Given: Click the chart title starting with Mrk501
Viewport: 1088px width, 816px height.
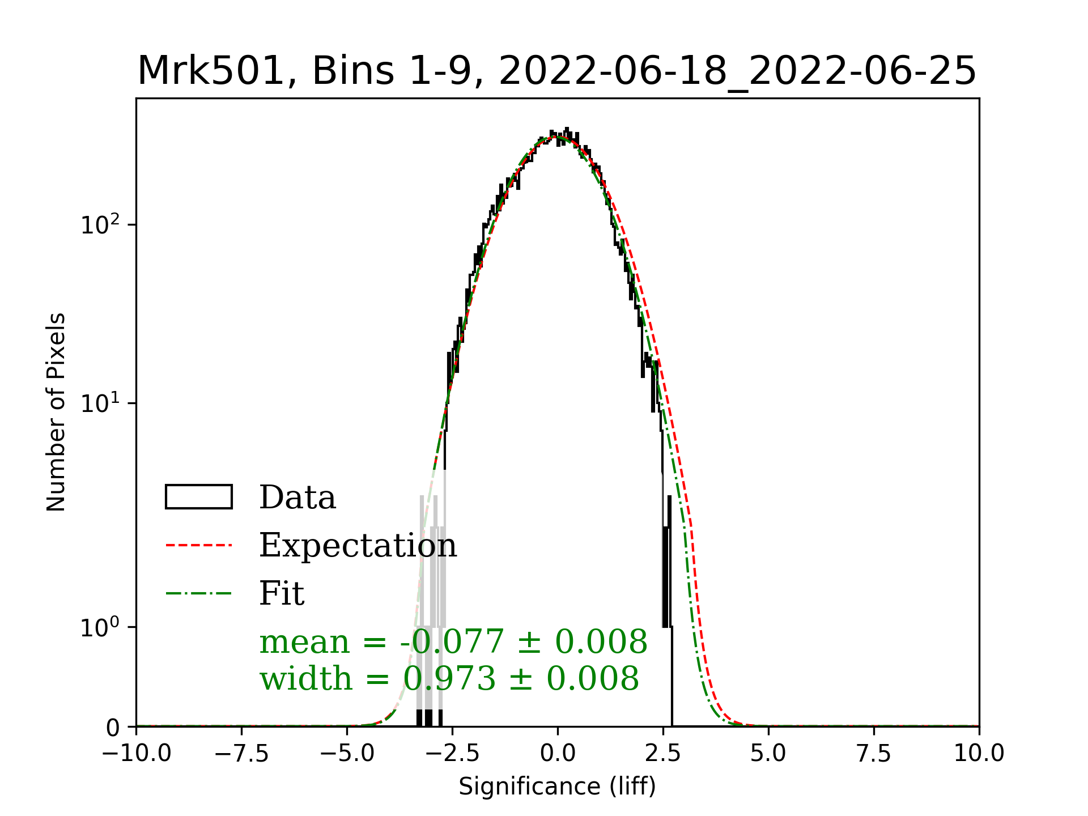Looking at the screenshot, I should click(x=556, y=71).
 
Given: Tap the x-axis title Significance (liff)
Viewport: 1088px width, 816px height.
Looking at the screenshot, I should click(x=557, y=787).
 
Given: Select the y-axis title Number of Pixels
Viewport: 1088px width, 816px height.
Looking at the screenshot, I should click(x=56, y=412).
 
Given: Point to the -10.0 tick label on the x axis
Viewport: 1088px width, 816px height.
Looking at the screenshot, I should click(x=137, y=754).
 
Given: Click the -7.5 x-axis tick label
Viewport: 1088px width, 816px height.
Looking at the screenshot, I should click(x=242, y=754).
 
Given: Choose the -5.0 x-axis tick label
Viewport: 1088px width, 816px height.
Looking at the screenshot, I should click(x=347, y=754).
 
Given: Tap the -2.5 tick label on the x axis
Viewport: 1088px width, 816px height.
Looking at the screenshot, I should click(x=453, y=754).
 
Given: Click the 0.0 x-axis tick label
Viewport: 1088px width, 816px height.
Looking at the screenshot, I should click(x=558, y=754).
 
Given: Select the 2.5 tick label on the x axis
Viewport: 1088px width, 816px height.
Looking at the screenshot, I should click(x=663, y=754).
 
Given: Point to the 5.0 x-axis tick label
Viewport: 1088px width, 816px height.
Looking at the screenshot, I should click(x=768, y=754).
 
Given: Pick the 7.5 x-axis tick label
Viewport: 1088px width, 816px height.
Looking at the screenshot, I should click(x=874, y=754).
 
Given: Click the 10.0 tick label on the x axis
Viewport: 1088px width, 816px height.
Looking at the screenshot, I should click(x=979, y=754).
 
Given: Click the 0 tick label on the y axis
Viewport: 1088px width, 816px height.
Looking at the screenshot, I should click(x=113, y=728).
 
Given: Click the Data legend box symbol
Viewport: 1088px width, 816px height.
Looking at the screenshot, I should click(x=198, y=497).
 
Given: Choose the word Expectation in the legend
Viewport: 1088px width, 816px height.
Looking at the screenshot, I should click(x=358, y=546).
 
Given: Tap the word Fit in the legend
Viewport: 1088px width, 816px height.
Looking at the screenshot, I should click(x=282, y=593).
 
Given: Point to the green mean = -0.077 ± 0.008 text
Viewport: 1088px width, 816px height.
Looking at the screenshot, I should click(x=453, y=642).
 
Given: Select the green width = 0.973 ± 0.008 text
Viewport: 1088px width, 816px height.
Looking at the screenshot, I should click(x=449, y=678).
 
